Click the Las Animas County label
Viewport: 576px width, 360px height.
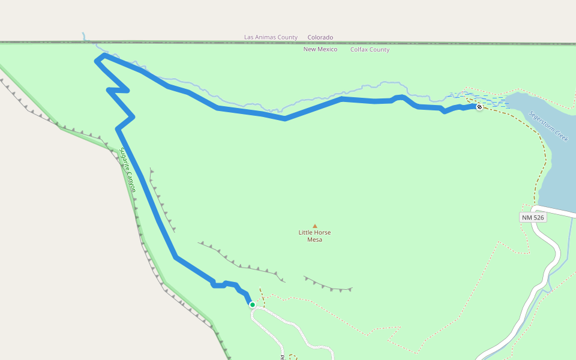click(x=271, y=37)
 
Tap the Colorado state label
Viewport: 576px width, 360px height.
click(x=320, y=37)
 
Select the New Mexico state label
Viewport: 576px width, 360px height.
click(x=320, y=49)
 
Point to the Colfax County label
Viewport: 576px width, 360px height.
click(x=370, y=50)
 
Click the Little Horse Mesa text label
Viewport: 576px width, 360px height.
click(x=314, y=236)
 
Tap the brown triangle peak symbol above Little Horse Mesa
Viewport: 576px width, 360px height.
click(x=315, y=226)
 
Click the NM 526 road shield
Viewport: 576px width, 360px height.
click(x=533, y=217)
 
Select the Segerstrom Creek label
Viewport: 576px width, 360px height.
click(x=548, y=126)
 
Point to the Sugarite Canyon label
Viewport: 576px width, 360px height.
click(x=128, y=170)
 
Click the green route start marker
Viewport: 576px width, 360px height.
click(x=253, y=305)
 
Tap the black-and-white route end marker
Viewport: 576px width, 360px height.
click(x=479, y=107)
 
